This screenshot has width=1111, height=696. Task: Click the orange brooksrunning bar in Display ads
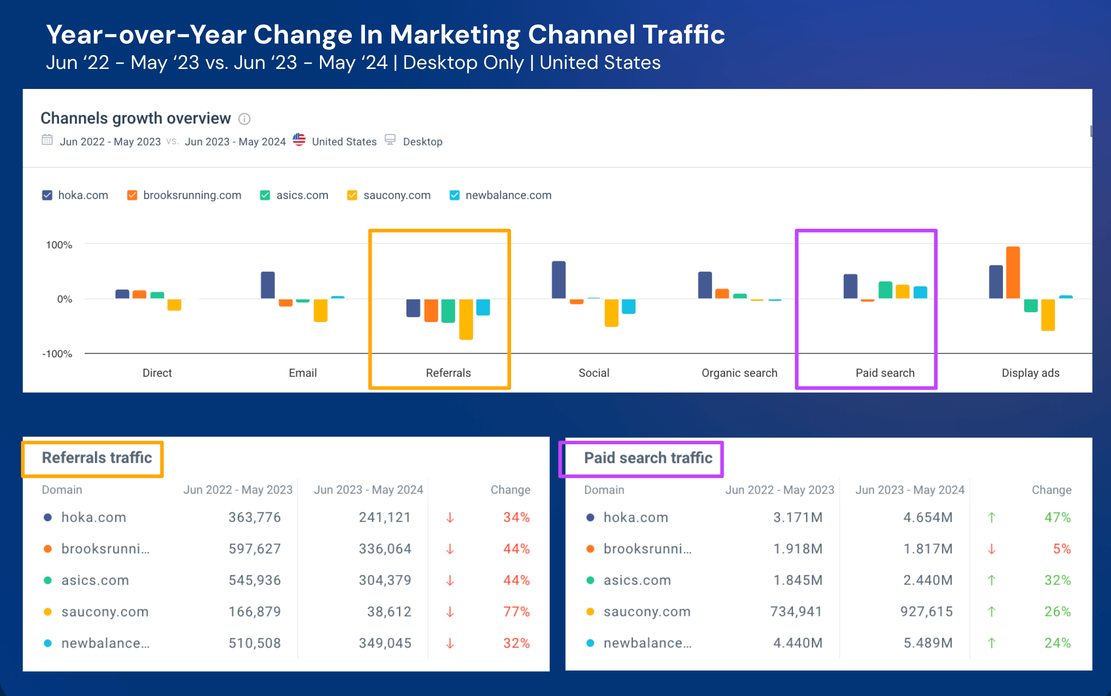(1013, 273)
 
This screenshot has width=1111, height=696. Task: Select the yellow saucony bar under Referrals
(466, 319)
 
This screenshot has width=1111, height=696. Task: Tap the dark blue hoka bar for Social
(558, 280)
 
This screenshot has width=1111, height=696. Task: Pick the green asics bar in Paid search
(885, 290)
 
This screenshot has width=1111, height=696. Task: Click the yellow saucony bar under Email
(320, 310)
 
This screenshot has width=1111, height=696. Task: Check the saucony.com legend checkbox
(352, 196)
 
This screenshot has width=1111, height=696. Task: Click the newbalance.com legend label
(508, 196)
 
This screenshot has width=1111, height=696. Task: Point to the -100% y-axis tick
(57, 354)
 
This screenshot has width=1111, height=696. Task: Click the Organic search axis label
(739, 373)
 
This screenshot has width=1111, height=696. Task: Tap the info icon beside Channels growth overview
(244, 119)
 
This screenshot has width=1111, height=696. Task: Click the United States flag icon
(299, 140)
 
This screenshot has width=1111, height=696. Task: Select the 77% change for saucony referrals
(516, 611)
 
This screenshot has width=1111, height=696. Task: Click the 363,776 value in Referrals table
(255, 517)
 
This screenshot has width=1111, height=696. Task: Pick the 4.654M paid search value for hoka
(928, 517)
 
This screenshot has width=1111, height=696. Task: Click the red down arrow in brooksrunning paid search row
(991, 549)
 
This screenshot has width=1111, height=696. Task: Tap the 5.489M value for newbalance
(928, 643)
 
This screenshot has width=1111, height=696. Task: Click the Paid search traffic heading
(648, 458)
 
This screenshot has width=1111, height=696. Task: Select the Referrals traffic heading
(97, 458)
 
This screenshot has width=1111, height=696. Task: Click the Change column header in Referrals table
(510, 490)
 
